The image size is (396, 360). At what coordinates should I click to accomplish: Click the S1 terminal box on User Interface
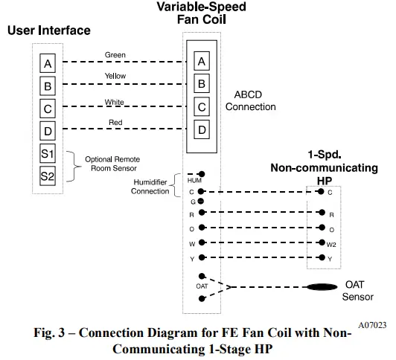click(48, 153)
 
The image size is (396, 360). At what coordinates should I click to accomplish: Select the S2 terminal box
click(48, 176)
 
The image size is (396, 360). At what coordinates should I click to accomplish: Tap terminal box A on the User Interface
click(48, 63)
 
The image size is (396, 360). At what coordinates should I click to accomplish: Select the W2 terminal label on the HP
click(330, 244)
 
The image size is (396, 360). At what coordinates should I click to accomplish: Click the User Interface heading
click(48, 30)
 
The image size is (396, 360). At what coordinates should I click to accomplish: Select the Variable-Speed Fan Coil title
click(200, 14)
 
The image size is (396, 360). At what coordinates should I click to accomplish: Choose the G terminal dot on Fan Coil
click(201, 202)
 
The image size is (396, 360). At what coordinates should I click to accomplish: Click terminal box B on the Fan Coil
click(200, 83)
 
